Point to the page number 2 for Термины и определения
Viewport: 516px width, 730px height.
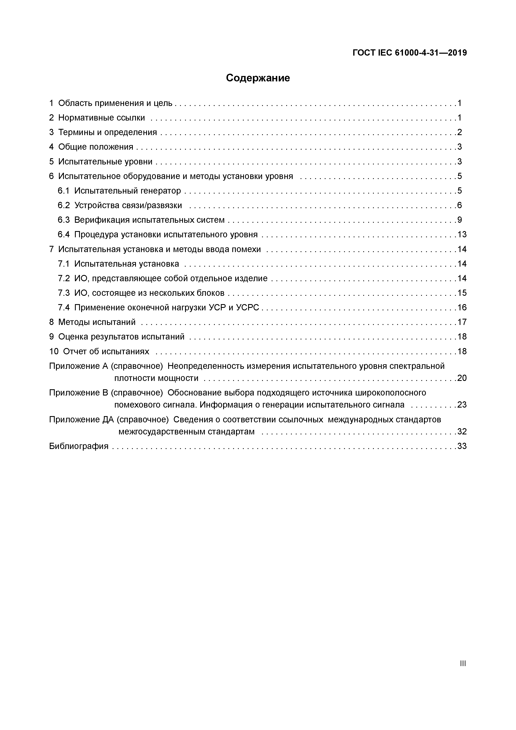(459, 132)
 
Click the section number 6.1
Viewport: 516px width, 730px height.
(63, 191)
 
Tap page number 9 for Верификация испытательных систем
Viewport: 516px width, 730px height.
(459, 220)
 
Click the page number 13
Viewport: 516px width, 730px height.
(462, 235)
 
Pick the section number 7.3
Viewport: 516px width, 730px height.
(63, 293)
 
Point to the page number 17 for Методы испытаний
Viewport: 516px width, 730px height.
(462, 322)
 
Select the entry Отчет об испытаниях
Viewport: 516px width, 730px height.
(106, 351)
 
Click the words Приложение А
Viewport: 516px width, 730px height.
(78, 366)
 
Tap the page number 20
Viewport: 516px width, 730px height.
(462, 378)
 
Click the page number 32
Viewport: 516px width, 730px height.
(462, 432)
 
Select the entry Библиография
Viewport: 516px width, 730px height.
(78, 446)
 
